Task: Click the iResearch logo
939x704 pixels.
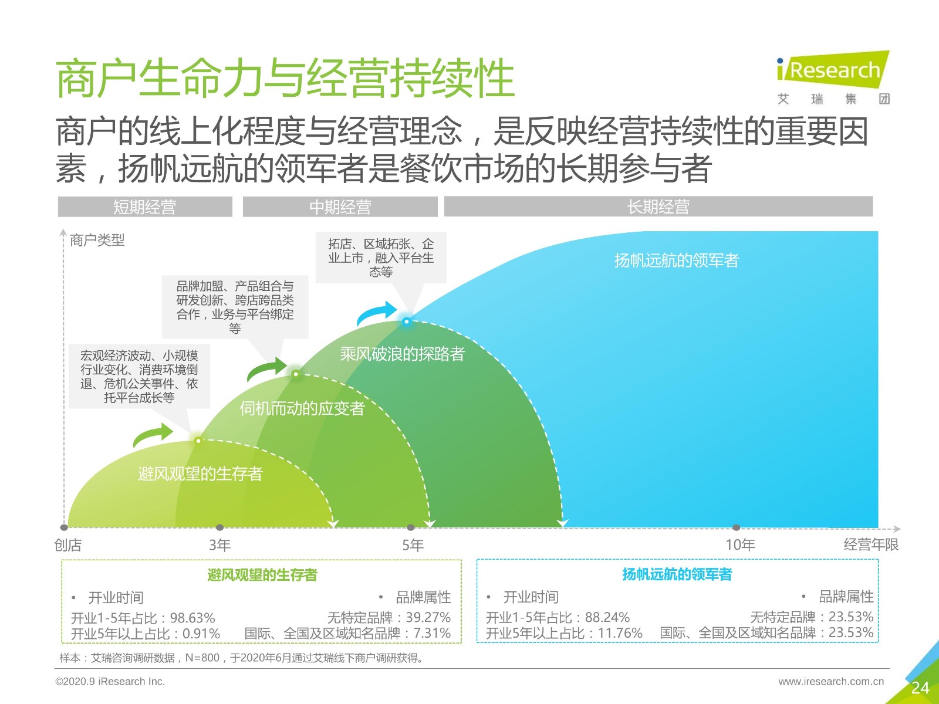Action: pos(833,77)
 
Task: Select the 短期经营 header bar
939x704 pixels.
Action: pos(145,207)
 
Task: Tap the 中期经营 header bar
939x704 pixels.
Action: pos(340,207)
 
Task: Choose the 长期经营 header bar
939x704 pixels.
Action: pos(658,207)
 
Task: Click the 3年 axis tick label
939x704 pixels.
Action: pos(220,545)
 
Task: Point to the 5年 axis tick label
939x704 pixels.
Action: pos(413,545)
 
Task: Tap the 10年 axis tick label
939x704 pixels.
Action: pos(740,545)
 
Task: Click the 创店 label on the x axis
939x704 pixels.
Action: pos(67,545)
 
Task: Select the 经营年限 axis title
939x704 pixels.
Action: pos(871,544)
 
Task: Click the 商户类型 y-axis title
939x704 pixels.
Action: pos(97,240)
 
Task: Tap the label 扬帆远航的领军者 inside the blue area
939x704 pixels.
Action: pos(676,260)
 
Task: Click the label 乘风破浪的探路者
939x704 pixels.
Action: pos(402,354)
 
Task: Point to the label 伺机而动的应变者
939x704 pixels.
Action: pos(302,409)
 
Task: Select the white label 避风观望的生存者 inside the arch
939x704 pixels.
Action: pos(200,473)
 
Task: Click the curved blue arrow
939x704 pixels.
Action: pos(376,313)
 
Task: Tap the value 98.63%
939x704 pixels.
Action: pos(192,618)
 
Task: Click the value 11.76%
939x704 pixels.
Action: pos(620,633)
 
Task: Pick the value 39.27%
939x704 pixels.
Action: pos(428,618)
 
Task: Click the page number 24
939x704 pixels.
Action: pos(920,688)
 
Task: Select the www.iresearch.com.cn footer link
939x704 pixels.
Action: pos(831,681)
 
